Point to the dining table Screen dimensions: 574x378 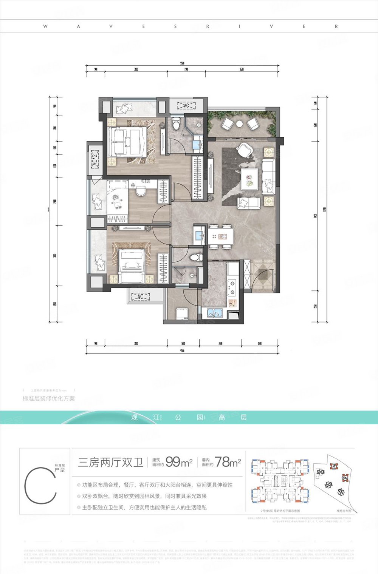(x=221, y=237)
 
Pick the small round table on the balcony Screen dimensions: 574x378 (x=240, y=123)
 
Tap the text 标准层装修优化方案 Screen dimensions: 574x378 (x=49, y=398)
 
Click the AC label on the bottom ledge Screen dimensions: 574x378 (x=140, y=297)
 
